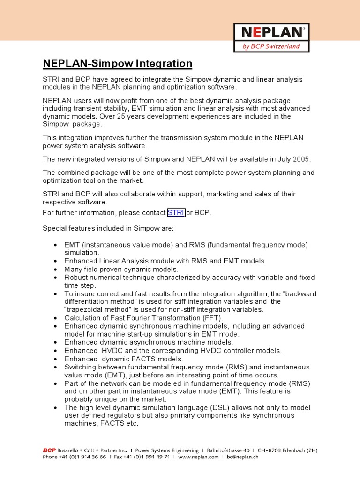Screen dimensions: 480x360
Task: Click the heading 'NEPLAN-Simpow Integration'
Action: pos(118,64)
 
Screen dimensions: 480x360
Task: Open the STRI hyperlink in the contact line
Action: pos(176,213)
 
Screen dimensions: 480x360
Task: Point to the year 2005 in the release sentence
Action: pos(300,159)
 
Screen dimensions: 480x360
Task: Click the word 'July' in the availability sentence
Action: pos(279,159)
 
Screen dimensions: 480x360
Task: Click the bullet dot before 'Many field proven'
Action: pos(56,270)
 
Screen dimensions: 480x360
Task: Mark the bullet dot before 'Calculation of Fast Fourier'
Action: pos(56,318)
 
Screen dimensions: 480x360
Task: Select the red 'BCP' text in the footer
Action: pos(49,450)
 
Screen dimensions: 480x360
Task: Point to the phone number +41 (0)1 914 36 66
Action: pos(78,457)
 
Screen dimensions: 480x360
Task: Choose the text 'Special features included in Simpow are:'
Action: pos(108,229)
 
